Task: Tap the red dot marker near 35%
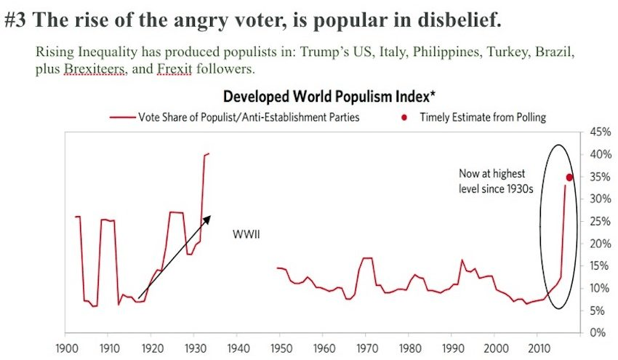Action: tap(570, 177)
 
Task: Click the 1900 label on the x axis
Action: tap(66, 347)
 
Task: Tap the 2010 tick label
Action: tap(537, 347)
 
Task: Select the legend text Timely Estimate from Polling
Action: tap(482, 117)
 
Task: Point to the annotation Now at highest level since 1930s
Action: tap(491, 181)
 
